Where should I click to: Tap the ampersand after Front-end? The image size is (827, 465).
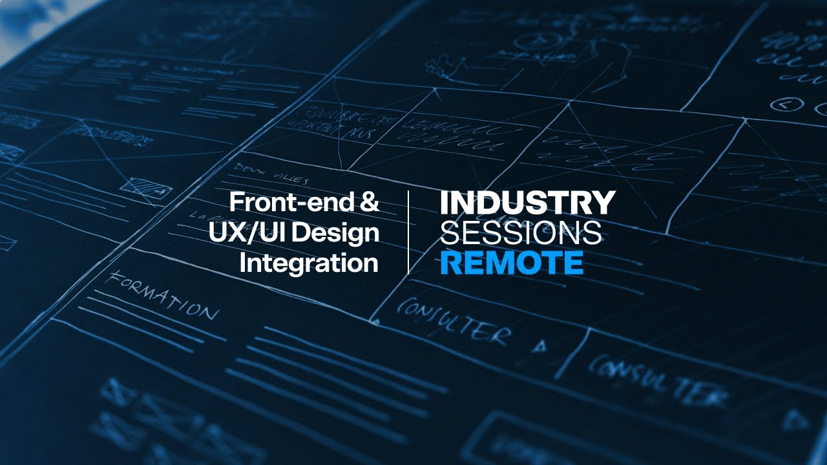click(368, 203)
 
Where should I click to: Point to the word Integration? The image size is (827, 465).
click(309, 263)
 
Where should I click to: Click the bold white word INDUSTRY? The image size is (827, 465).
click(527, 203)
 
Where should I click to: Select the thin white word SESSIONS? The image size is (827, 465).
click(521, 233)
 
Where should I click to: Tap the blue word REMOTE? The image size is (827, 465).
click(512, 263)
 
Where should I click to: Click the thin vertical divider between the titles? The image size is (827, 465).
click(408, 232)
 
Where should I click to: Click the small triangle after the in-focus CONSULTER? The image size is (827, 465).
click(539, 346)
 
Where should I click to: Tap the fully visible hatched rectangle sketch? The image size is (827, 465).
click(146, 188)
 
